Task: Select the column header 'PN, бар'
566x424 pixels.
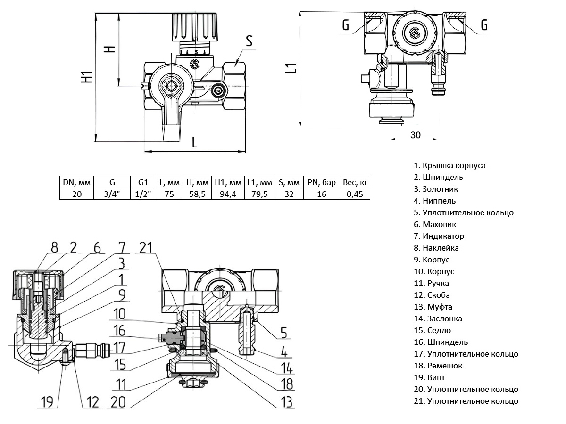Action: [322, 182]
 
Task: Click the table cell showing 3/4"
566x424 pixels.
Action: [112, 194]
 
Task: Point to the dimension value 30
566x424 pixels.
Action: [415, 135]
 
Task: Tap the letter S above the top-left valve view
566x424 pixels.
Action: [249, 41]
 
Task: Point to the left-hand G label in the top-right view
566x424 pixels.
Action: [346, 25]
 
